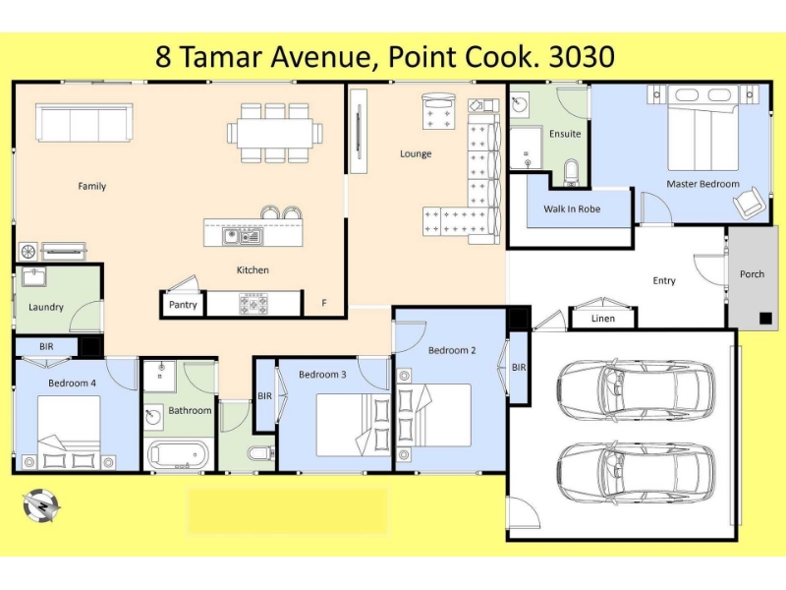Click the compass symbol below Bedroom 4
(41, 506)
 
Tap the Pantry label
(183, 305)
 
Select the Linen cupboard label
(602, 318)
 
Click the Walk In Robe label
(572, 208)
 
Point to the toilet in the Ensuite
(571, 172)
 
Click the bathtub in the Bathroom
(178, 455)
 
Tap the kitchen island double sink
(242, 236)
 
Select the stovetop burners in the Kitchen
(253, 304)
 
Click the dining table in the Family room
(275, 133)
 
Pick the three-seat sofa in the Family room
(84, 123)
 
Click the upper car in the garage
(636, 389)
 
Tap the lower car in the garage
(636, 474)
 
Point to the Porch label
(752, 274)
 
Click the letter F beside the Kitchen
(324, 303)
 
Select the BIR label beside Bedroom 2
(519, 367)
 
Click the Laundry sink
(34, 277)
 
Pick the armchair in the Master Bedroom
(750, 203)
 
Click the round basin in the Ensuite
(520, 104)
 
